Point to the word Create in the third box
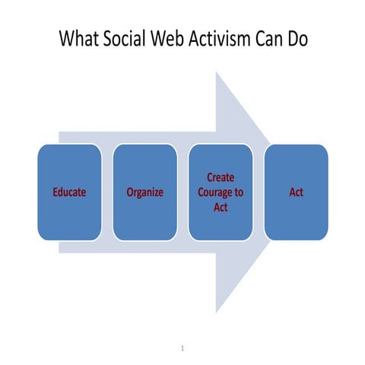221,177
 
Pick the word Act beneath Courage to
221,207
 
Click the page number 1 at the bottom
183,349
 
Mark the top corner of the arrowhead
217,72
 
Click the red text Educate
68,192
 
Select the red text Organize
144,192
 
